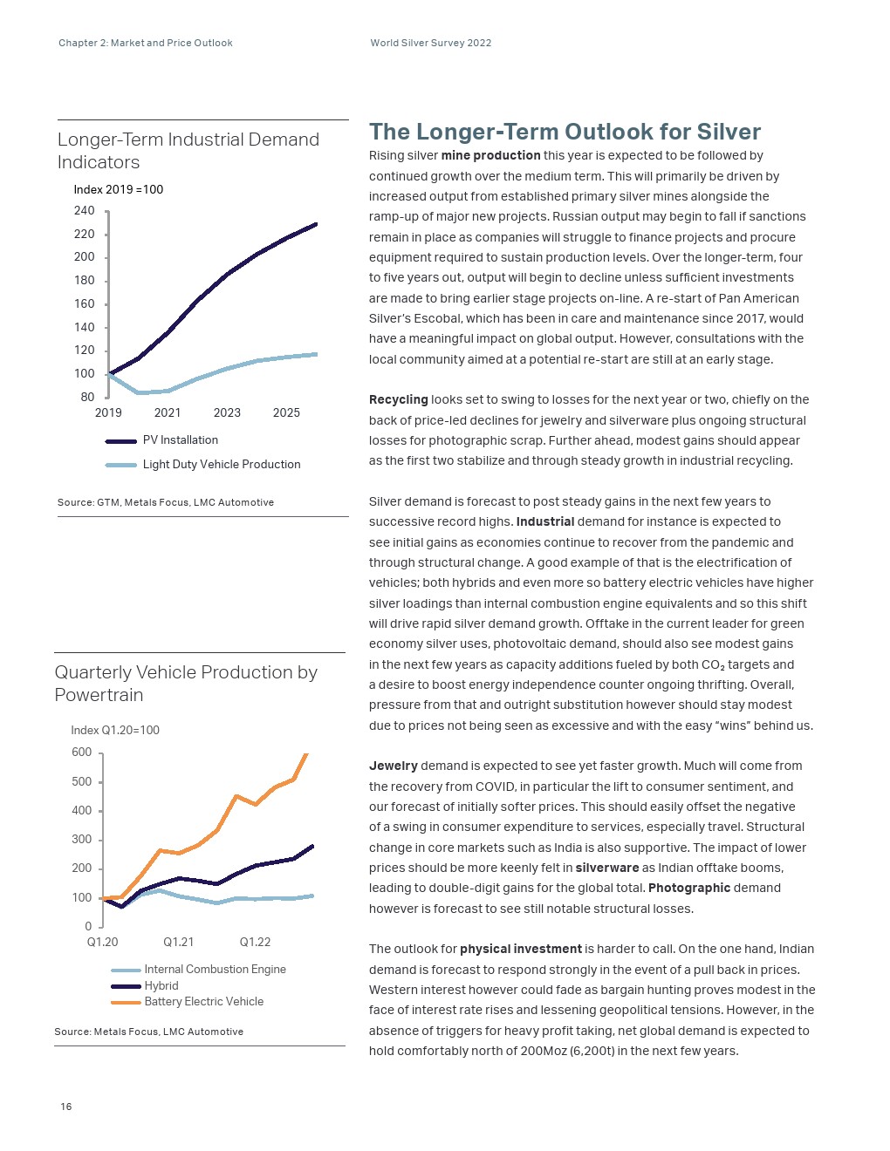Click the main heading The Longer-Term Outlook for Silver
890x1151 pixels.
(565, 132)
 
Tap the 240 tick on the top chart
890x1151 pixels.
(85, 210)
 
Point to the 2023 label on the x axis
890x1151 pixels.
(227, 412)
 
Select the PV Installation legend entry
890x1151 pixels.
(180, 440)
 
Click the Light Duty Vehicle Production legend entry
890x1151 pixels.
(221, 465)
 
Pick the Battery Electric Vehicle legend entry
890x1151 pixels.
(203, 1002)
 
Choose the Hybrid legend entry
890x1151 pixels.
(161, 985)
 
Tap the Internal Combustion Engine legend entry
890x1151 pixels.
(215, 969)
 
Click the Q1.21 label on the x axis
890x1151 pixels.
(179, 942)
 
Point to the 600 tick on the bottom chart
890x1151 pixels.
(81, 753)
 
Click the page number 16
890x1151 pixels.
(66, 1107)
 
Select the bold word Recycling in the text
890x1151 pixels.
(398, 399)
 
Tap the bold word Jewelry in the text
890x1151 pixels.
(394, 766)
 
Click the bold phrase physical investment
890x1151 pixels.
(520, 949)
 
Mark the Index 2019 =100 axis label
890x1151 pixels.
(119, 189)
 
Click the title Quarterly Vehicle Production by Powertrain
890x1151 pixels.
(186, 684)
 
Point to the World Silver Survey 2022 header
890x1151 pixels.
(431, 43)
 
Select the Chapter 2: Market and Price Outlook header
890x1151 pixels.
(146, 43)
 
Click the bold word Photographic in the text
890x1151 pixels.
(689, 888)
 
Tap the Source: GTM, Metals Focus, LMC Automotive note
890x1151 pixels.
(166, 502)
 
